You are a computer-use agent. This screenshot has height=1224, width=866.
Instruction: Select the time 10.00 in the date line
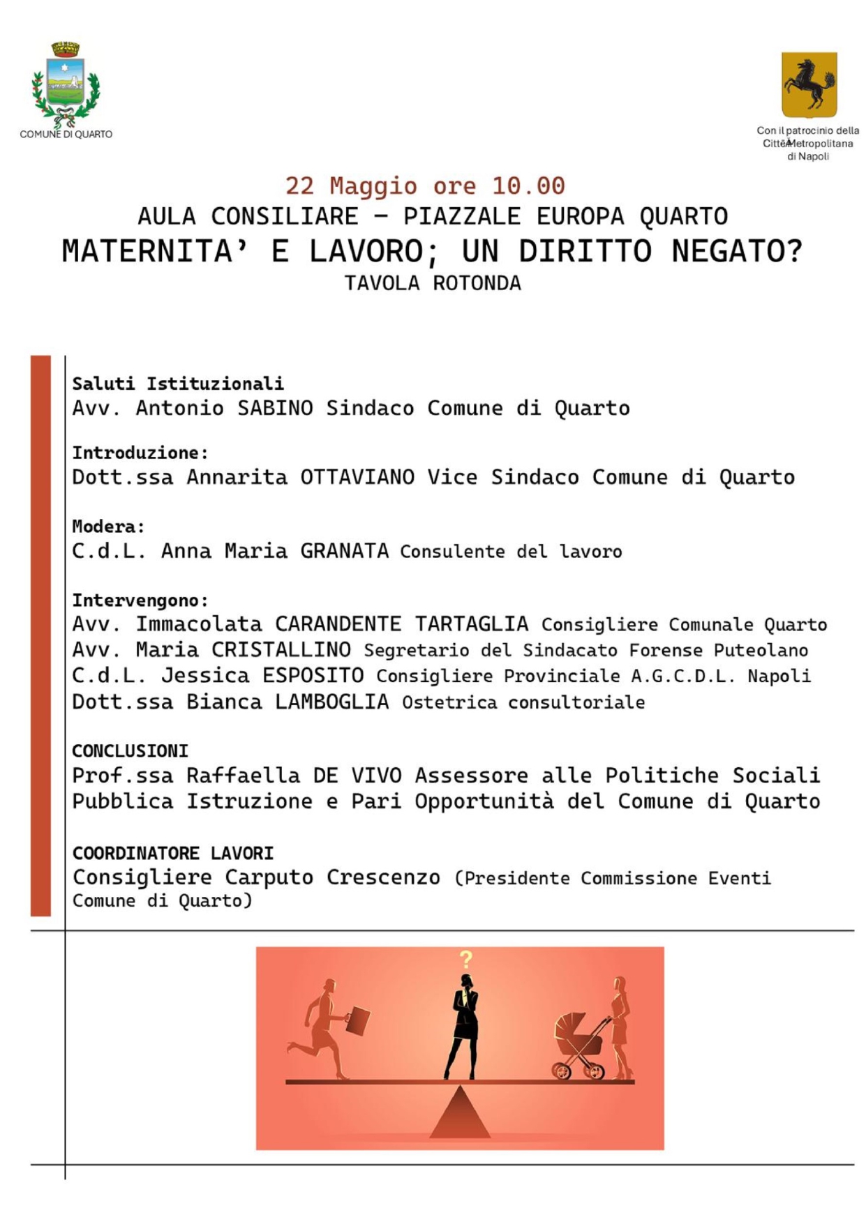point(528,186)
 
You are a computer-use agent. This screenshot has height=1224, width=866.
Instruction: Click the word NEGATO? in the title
point(736,251)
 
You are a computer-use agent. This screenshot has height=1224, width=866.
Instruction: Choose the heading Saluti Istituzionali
point(178,383)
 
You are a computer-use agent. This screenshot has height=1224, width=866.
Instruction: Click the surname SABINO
point(275,408)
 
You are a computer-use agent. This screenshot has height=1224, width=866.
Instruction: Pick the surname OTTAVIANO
point(357,477)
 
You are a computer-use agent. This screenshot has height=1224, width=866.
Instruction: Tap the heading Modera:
point(108,526)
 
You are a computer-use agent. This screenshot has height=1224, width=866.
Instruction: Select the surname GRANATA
point(344,551)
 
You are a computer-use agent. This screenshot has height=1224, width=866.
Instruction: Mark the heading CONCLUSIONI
point(130,750)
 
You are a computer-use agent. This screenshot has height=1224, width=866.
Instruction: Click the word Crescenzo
point(383,877)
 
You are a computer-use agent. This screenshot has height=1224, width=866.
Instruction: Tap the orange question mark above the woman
point(466,960)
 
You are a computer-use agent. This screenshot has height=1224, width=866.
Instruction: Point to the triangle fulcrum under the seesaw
point(460,1114)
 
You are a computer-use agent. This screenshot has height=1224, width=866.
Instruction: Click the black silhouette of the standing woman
point(463,1026)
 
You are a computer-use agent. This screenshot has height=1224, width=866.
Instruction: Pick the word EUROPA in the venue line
point(580,216)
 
